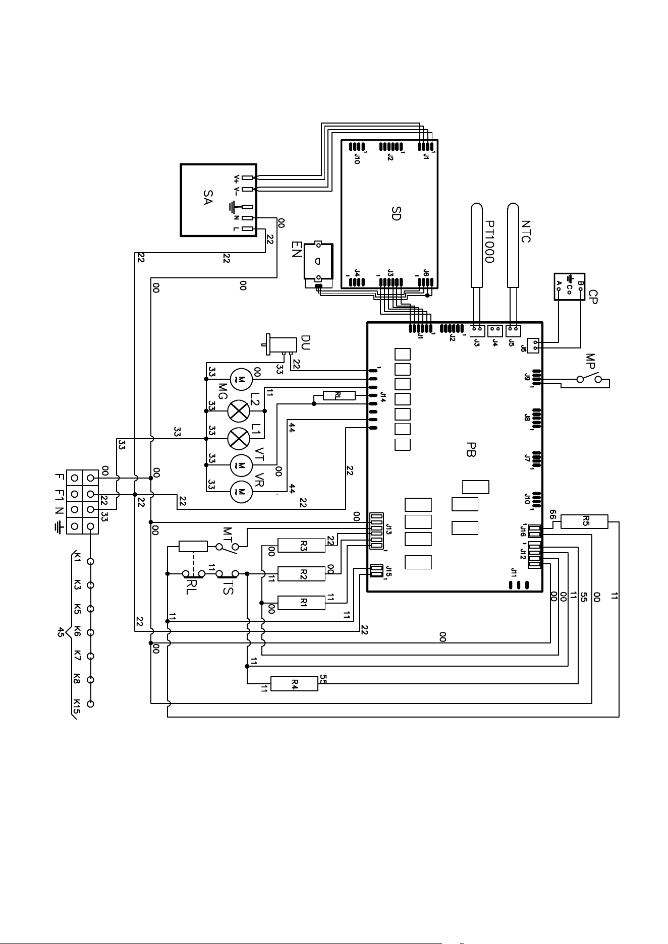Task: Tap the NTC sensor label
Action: click(x=526, y=231)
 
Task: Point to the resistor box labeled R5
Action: click(x=585, y=521)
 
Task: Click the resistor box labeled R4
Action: click(x=295, y=683)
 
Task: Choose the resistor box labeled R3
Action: click(x=302, y=545)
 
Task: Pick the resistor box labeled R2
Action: click(x=302, y=574)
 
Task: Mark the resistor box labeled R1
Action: click(x=302, y=603)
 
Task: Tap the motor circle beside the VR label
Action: click(x=241, y=491)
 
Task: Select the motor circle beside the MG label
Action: click(x=241, y=378)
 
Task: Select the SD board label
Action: click(x=396, y=213)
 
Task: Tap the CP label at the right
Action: click(x=593, y=296)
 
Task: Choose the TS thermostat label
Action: click(x=228, y=587)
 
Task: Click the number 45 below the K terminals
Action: click(x=61, y=632)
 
